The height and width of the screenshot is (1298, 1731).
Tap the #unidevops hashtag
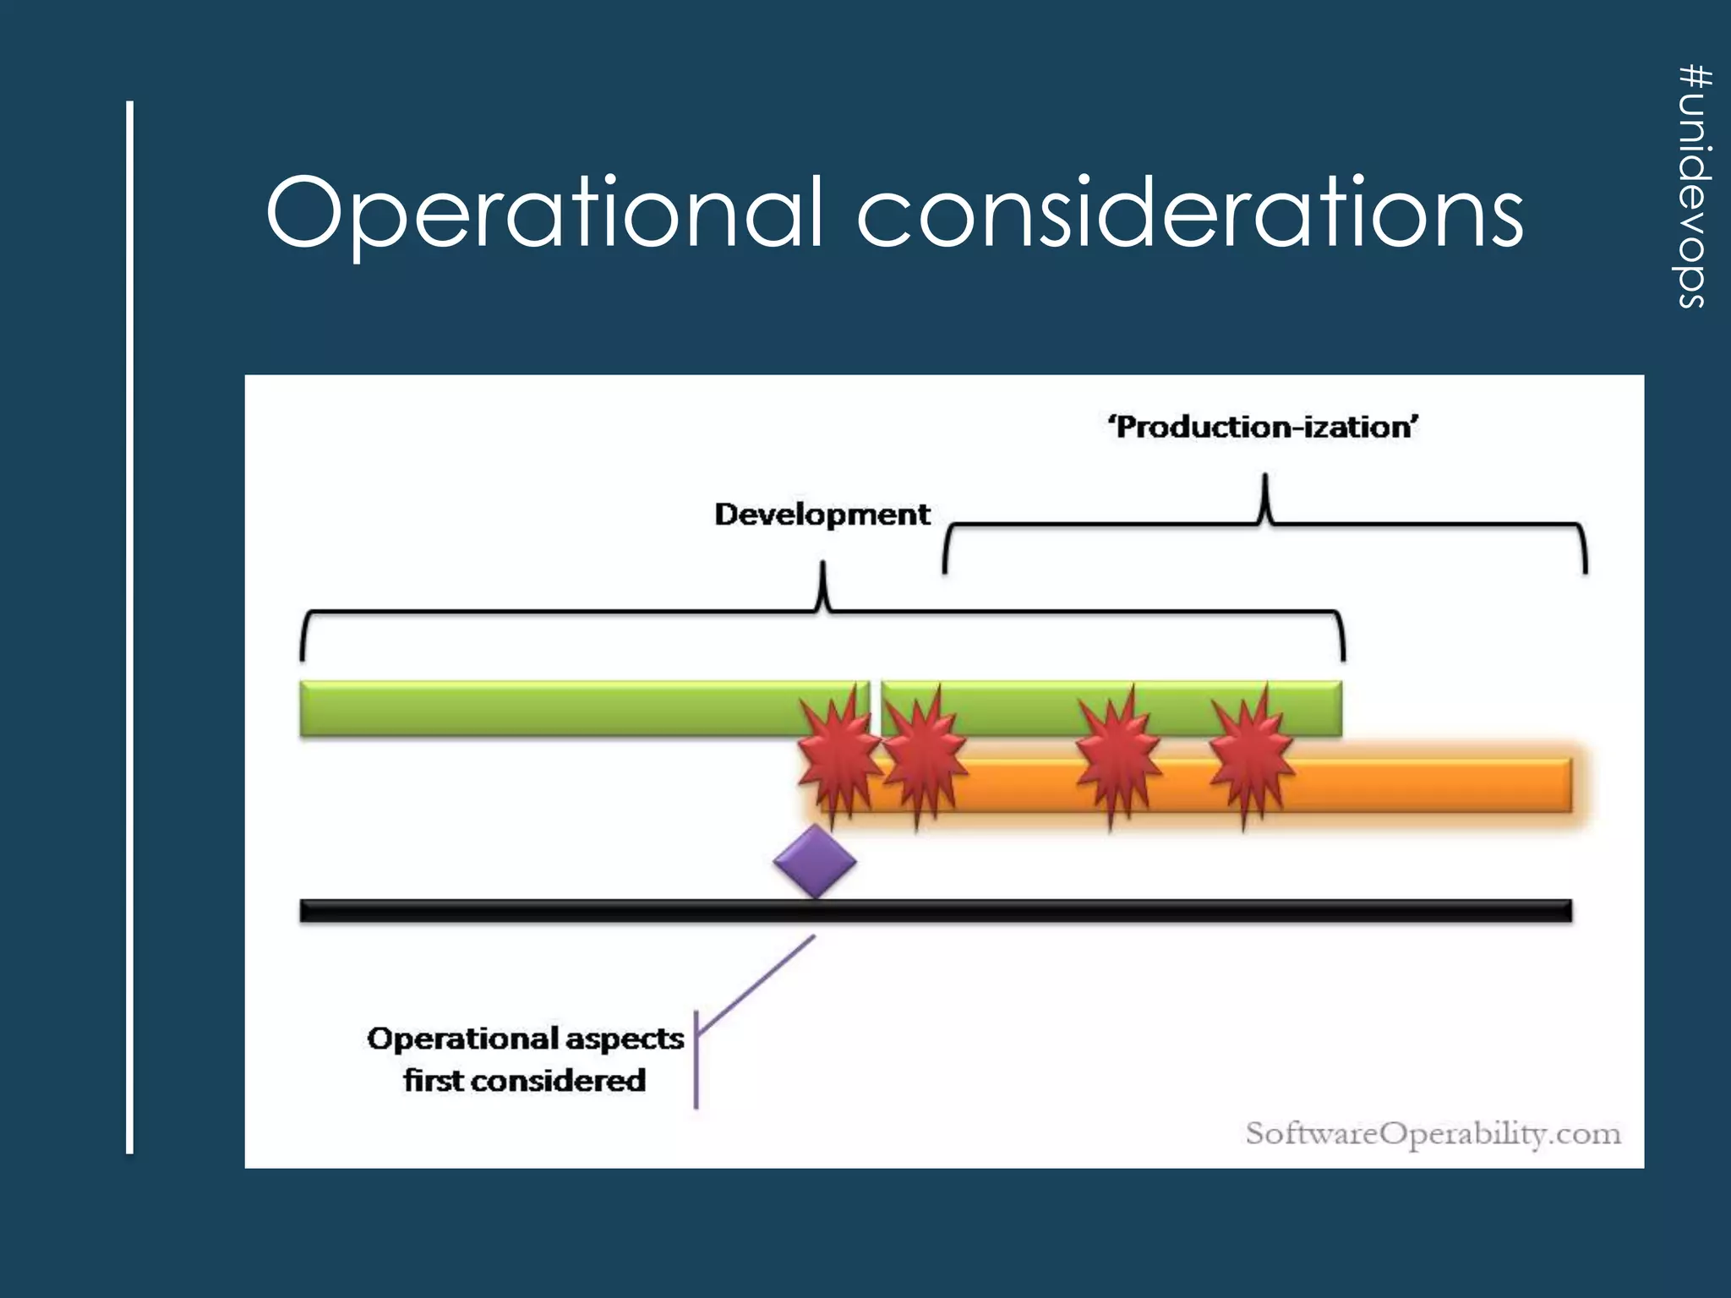[x=1694, y=186]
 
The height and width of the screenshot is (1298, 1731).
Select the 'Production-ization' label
[x=1263, y=427]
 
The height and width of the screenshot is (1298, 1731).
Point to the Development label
[x=822, y=514]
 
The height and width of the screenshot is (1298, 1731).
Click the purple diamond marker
[x=815, y=862]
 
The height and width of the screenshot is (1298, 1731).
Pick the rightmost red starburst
[x=1250, y=755]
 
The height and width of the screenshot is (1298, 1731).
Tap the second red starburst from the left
[x=923, y=754]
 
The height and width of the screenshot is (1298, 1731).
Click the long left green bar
[x=549, y=708]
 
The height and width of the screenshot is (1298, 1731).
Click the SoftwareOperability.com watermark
[x=1433, y=1133]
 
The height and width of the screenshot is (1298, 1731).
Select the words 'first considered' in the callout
[x=524, y=1080]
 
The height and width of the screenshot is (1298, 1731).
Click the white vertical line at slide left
[x=130, y=625]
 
